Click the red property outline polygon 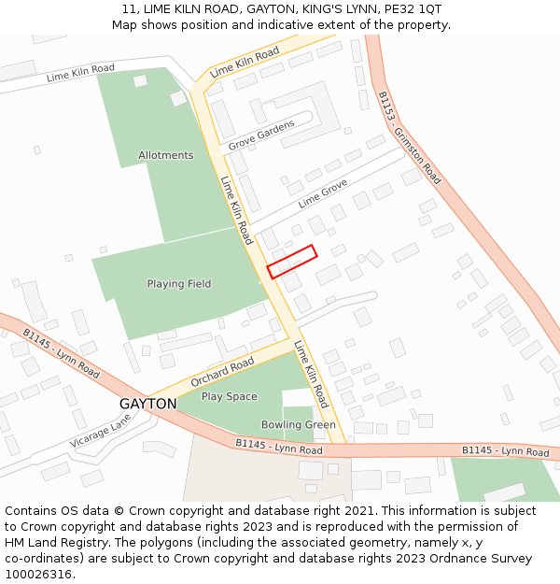pyautogui.click(x=292, y=262)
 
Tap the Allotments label pyautogui.click(x=166, y=155)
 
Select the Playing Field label pyautogui.click(x=179, y=284)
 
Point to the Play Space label pyautogui.click(x=230, y=396)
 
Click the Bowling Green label pyautogui.click(x=298, y=425)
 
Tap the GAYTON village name pyautogui.click(x=147, y=404)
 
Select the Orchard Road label pyautogui.click(x=222, y=372)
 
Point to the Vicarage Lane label pyautogui.click(x=102, y=431)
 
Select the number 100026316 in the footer pyautogui.click(x=40, y=575)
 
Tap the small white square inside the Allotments pyautogui.click(x=140, y=81)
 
